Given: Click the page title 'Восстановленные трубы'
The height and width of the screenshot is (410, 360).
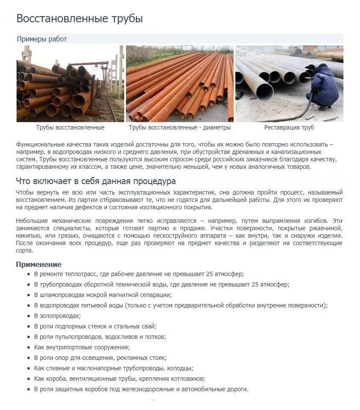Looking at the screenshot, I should coord(79,19).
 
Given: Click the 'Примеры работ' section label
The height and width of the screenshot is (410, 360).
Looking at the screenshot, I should coord(42,39).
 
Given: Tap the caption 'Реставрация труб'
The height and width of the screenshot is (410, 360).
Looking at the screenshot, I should coord(289,128).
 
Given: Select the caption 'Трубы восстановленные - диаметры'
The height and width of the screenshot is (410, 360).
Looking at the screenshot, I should coord(180,128).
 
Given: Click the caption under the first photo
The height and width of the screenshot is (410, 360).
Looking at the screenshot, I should coord(70,128).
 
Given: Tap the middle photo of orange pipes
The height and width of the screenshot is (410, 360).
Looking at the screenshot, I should coord(180,84).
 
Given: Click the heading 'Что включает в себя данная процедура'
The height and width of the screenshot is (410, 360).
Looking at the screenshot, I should coord(95,181).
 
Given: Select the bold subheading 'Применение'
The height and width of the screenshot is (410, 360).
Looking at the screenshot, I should coord(38,264).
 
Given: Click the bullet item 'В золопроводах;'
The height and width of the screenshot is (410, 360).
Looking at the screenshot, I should coord(57,316).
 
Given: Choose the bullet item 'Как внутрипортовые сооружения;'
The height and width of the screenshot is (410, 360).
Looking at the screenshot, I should coord(82,347).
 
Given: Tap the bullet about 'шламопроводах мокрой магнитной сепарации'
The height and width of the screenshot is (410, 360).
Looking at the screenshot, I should coord(102,295).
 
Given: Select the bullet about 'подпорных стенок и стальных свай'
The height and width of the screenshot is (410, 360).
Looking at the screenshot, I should coord(95,326).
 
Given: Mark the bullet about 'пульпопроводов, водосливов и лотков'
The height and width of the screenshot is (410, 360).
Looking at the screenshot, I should coord(100,337).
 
